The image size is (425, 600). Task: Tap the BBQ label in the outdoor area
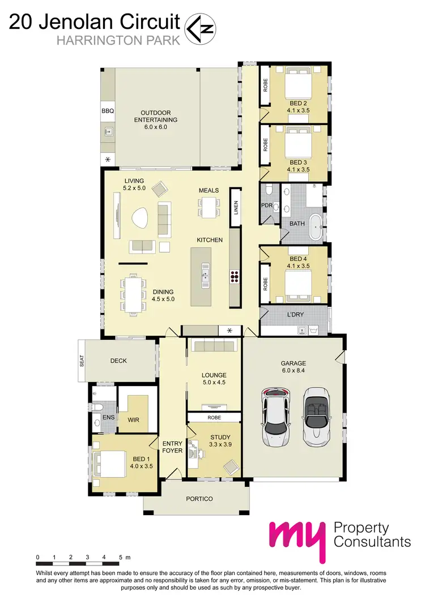[108, 112]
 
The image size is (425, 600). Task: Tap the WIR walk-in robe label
[134, 419]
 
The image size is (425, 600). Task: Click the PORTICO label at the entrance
[199, 499]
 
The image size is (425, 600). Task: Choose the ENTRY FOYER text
[172, 447]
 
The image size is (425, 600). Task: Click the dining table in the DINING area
[134, 294]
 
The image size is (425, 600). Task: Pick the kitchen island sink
[204, 277]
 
